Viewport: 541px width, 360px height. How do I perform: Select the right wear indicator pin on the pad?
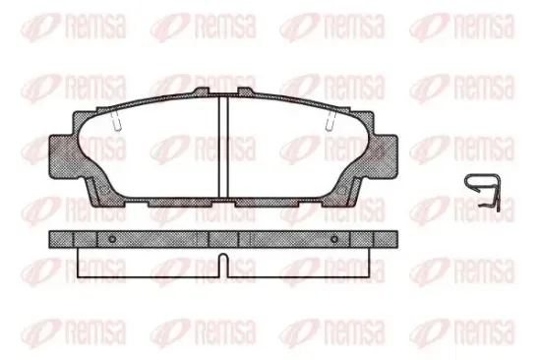pos(331,122)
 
